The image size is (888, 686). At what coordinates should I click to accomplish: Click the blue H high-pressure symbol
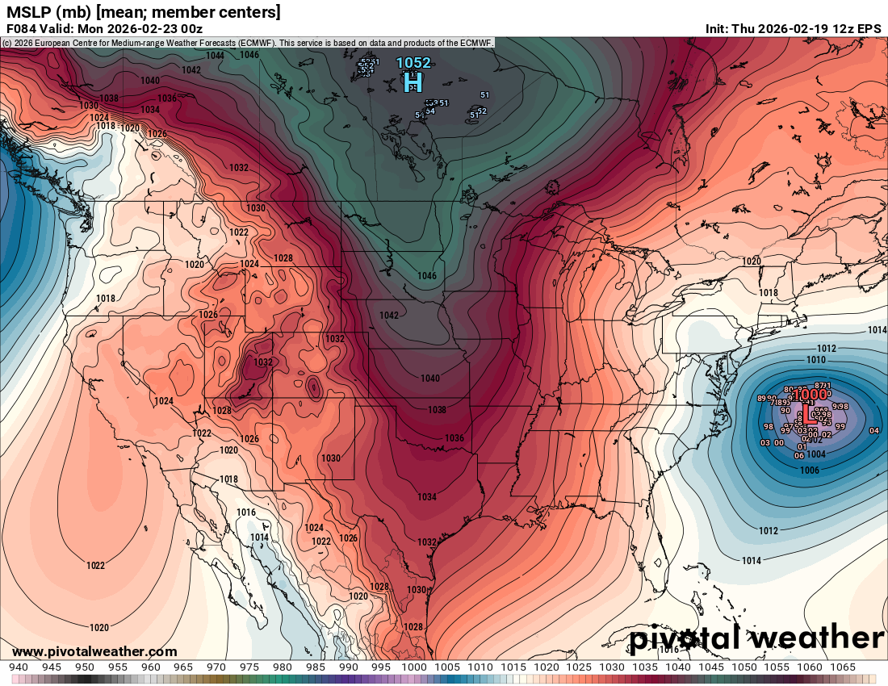413,81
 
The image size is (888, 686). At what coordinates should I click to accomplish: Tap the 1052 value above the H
413,63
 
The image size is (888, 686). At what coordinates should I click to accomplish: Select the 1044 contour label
215,56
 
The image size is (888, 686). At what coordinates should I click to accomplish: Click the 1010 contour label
816,359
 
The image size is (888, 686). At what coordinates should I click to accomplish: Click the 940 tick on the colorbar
19,667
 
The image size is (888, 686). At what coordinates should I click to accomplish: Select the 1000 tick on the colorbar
414,667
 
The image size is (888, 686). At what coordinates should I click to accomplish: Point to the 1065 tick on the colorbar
842,667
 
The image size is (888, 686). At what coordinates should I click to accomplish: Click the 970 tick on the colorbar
216,667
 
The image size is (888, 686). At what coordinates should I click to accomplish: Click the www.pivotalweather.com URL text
94,652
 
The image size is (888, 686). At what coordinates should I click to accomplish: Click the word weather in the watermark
815,638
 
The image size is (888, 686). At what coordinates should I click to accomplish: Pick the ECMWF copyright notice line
247,42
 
